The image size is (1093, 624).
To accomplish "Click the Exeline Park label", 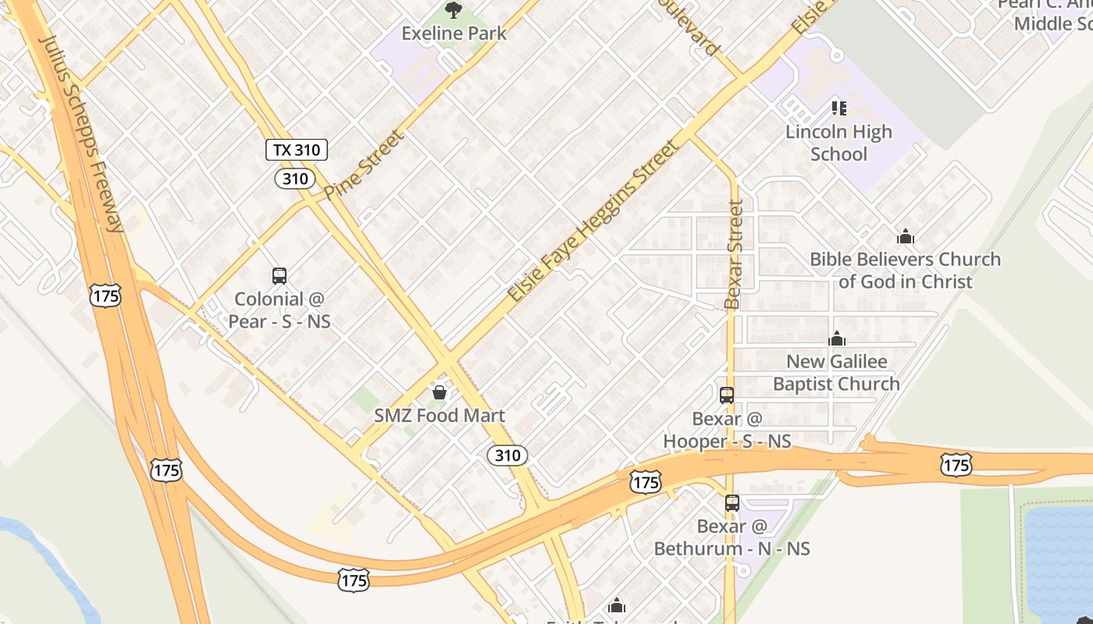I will pos(454,34).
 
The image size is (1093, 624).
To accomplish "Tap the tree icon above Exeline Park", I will pos(453,10).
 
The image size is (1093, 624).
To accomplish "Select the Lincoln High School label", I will pos(838,143).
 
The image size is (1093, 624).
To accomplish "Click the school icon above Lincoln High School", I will pos(838,108).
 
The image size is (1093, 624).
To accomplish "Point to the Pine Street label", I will pos(365,165).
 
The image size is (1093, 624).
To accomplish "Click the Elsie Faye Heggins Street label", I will pos(593,222).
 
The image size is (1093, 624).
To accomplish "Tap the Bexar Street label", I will pos(733,254).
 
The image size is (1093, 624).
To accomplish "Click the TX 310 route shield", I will pos(296,150).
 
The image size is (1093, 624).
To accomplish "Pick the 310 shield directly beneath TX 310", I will pos(295,179).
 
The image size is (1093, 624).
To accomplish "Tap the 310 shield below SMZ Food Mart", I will pos(507,456).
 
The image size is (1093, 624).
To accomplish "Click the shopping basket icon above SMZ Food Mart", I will pos(440,392).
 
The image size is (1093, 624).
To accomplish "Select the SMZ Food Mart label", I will pos(440,416).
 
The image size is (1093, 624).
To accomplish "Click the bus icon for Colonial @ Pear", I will pos(279,275).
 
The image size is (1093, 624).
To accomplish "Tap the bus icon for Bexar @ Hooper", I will pos(727,395).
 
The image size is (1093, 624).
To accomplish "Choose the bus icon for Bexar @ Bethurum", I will pos(732,503).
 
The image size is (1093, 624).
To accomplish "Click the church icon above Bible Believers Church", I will pos(906,236).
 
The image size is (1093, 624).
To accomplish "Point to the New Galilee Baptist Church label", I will pos(836,373).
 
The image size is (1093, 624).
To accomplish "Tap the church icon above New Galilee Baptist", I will pos(837,339).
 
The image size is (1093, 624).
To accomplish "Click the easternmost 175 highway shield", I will pos(956,466).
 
